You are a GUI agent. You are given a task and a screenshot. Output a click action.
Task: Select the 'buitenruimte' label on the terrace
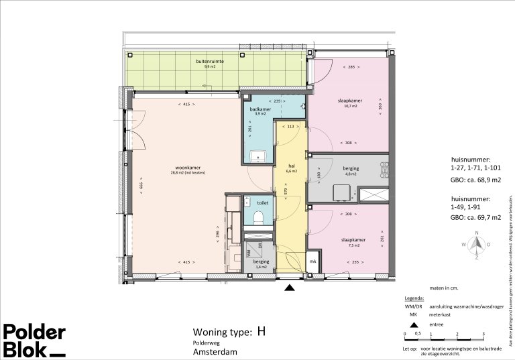(210, 62)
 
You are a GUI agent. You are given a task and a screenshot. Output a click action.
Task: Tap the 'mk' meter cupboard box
(312, 261)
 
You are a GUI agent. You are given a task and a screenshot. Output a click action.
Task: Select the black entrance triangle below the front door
(290, 288)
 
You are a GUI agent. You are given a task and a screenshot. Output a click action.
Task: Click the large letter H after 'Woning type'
(261, 331)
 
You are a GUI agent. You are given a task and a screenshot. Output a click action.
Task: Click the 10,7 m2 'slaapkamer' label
(349, 101)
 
